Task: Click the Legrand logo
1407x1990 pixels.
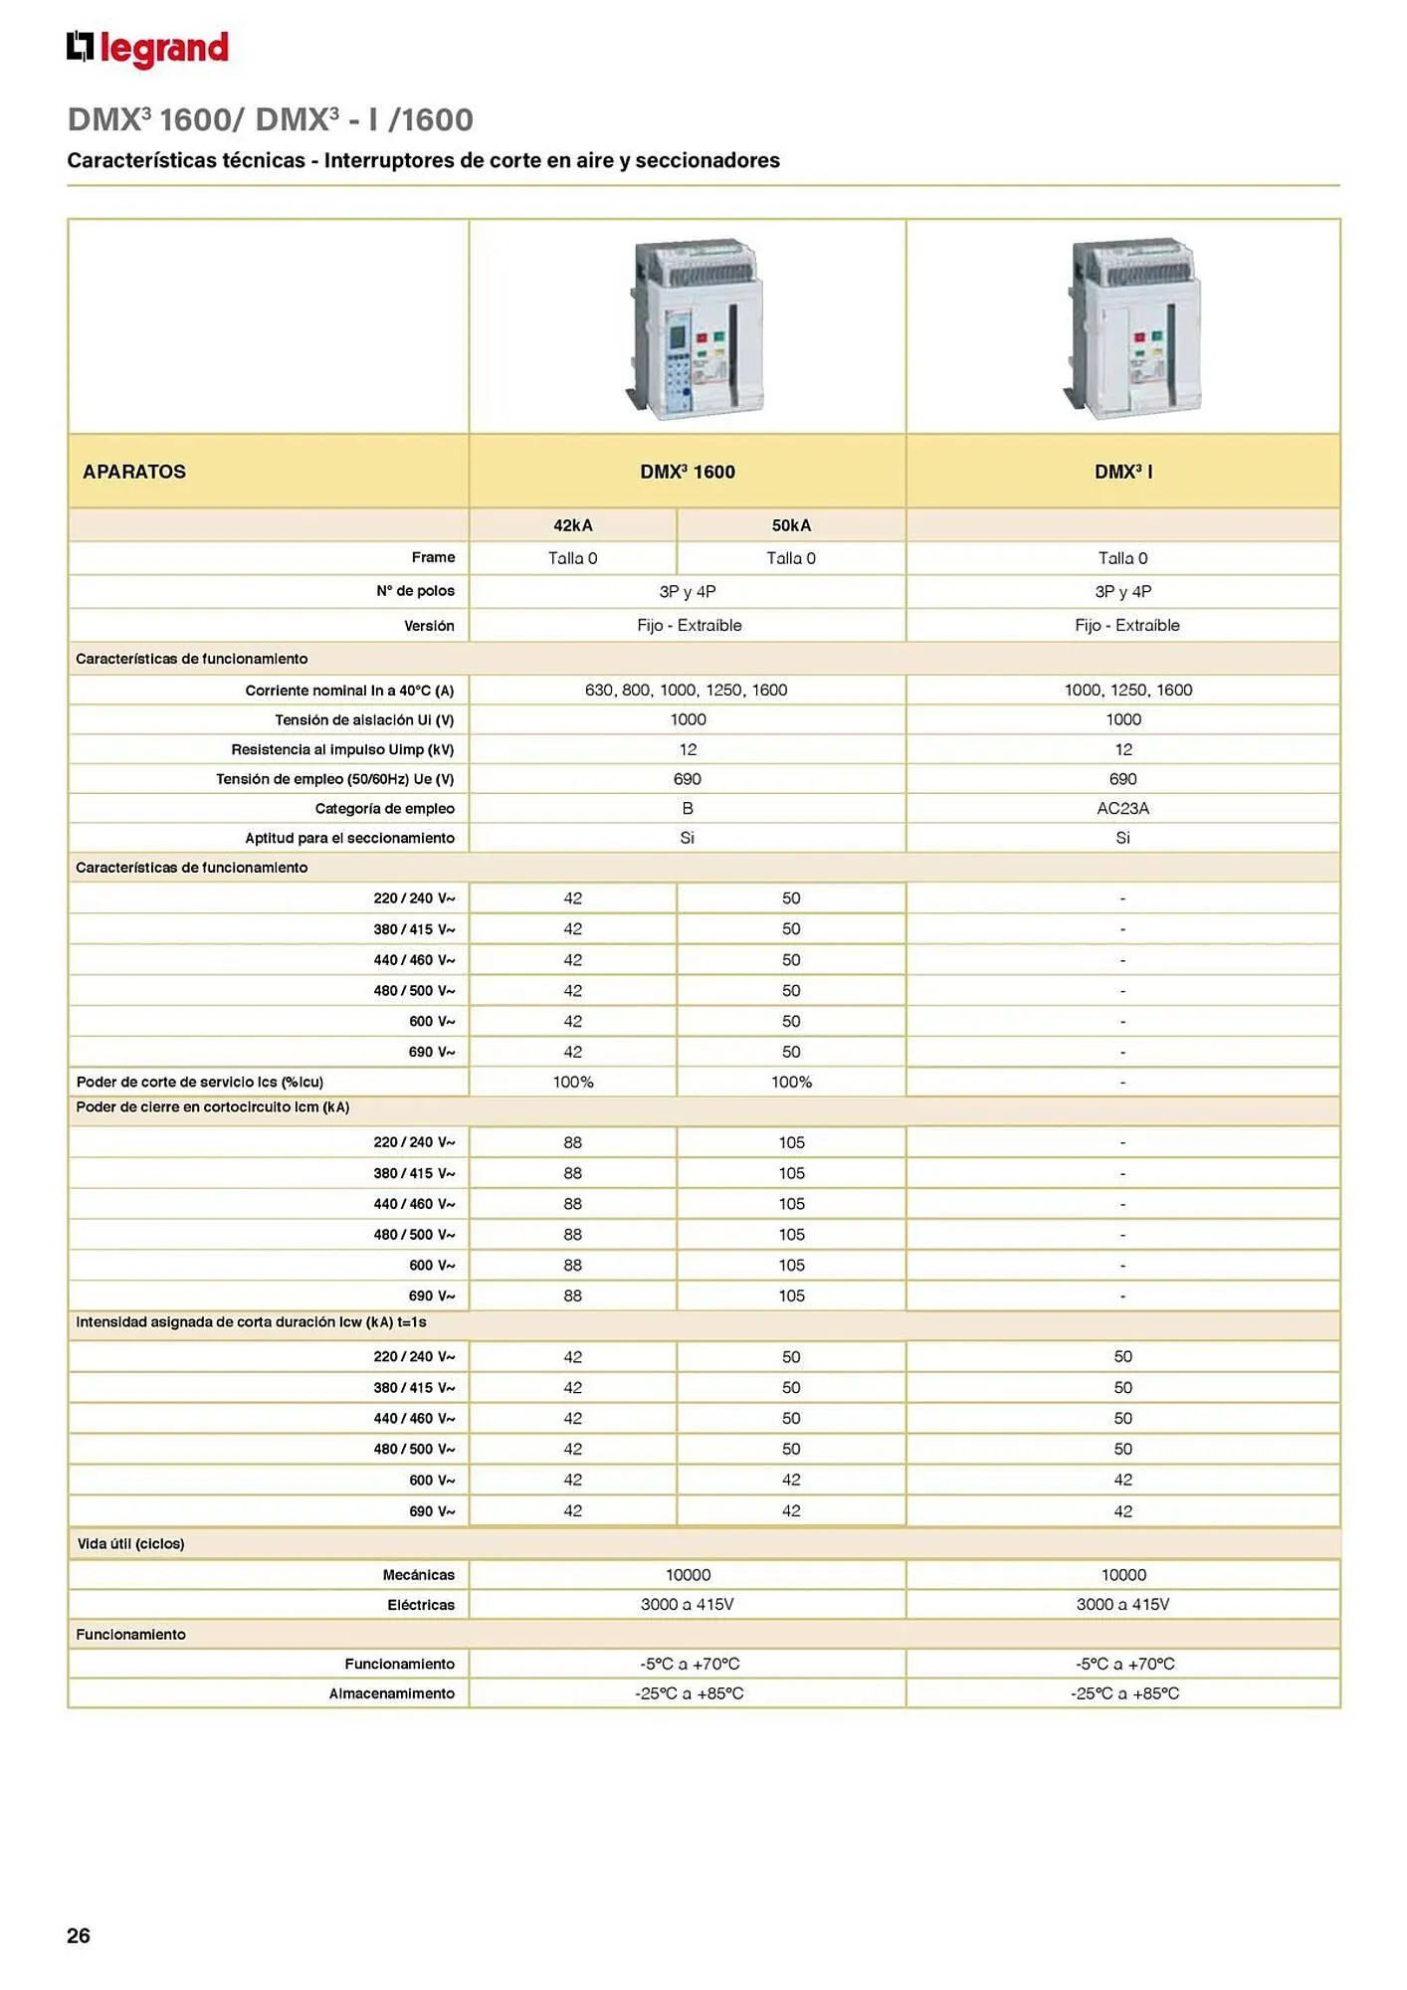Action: pyautogui.click(x=147, y=49)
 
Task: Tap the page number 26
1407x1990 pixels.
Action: pyautogui.click(x=79, y=1934)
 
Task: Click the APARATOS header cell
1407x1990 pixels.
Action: pyautogui.click(x=134, y=472)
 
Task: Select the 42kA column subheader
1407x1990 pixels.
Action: pyautogui.click(x=573, y=525)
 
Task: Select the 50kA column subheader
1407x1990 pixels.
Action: pyautogui.click(x=791, y=525)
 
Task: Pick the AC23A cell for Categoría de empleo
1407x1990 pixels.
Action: pyautogui.click(x=1122, y=808)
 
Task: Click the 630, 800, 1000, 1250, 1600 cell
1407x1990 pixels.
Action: pyautogui.click(x=687, y=690)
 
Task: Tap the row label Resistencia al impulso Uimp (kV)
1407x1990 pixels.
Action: pyautogui.click(x=342, y=749)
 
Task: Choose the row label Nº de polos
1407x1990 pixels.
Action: pyautogui.click(x=415, y=591)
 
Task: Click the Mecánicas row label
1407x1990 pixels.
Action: pyautogui.click(x=418, y=1574)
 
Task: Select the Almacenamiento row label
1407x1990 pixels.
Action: pyautogui.click(x=391, y=1693)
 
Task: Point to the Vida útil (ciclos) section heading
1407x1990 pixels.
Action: pyautogui.click(x=131, y=1543)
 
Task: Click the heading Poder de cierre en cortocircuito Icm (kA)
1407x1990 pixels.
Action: pyautogui.click(x=213, y=1106)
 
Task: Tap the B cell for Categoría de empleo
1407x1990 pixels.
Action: pyautogui.click(x=688, y=808)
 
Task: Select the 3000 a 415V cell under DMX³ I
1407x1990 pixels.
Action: pyautogui.click(x=1122, y=1604)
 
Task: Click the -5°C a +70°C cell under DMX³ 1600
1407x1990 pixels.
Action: pyautogui.click(x=690, y=1664)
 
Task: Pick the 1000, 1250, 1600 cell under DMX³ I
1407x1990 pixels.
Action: pyautogui.click(x=1127, y=690)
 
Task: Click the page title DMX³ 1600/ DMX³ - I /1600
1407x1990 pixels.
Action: pyautogui.click(x=271, y=119)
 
